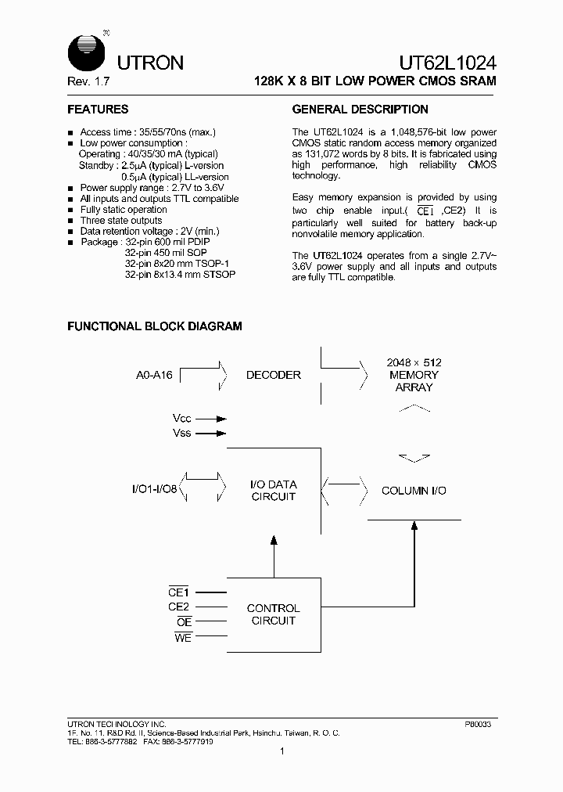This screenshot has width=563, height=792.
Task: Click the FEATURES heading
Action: (x=98, y=110)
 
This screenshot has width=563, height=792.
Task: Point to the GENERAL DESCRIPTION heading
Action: (x=360, y=110)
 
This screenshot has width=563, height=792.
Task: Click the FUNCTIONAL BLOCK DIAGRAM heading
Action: (x=155, y=326)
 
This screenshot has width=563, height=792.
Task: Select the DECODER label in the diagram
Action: (x=273, y=375)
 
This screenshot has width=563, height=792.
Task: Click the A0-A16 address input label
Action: (x=153, y=375)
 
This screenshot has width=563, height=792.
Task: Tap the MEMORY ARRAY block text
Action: (x=414, y=375)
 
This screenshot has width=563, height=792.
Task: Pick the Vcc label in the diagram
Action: (x=181, y=419)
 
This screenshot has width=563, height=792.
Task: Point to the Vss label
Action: (x=181, y=433)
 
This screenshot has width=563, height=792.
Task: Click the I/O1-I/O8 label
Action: (x=156, y=490)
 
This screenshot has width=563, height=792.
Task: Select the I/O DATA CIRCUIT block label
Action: (x=273, y=491)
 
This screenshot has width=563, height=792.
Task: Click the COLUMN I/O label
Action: (x=414, y=491)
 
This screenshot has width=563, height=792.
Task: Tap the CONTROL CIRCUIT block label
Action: (x=273, y=614)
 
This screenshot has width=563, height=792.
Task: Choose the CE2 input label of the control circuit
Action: (x=179, y=607)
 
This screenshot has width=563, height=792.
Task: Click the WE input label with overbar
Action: (x=182, y=636)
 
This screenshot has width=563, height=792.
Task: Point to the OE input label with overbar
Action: (x=184, y=621)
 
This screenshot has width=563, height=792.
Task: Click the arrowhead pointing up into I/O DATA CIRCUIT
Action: (x=274, y=540)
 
